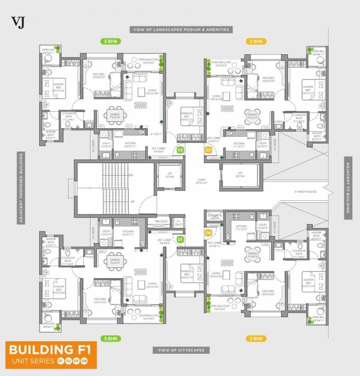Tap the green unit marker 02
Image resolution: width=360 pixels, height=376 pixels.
(x=180, y=150)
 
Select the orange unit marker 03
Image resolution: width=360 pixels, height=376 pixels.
(x=208, y=149)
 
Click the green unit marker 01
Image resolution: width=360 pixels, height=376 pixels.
(x=180, y=239)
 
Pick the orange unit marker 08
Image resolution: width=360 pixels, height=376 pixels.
(x=208, y=233)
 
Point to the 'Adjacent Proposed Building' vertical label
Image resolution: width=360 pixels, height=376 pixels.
(x=22, y=188)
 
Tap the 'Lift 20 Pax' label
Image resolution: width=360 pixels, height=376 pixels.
(x=240, y=173)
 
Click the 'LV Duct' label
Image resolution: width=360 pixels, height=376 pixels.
(x=178, y=223)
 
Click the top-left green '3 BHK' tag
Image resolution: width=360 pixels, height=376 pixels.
(x=111, y=42)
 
